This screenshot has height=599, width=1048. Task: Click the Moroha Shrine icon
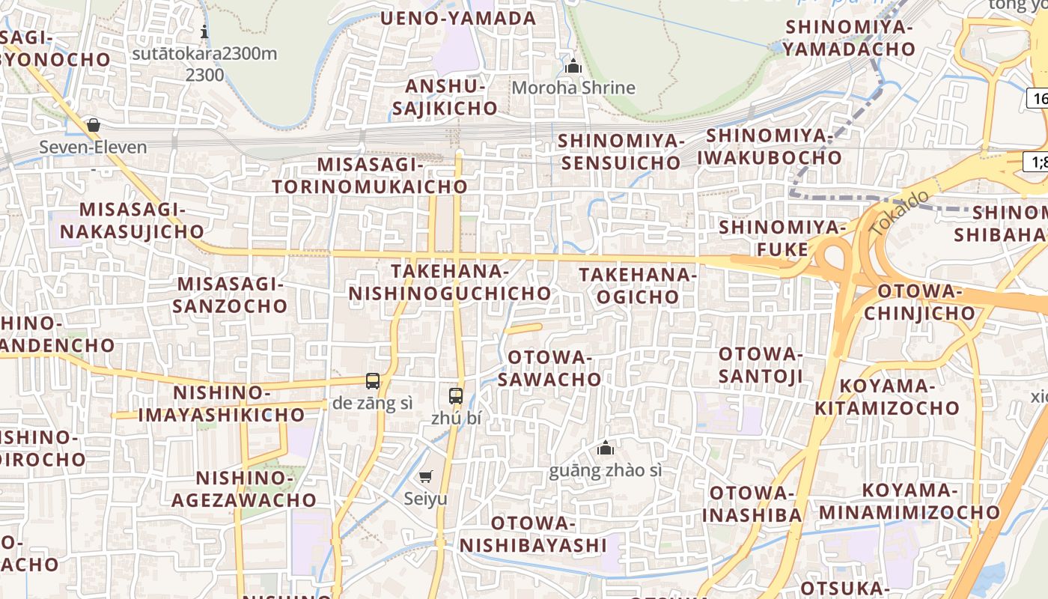click(x=573, y=66)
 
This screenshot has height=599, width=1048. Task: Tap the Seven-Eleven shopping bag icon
click(x=94, y=125)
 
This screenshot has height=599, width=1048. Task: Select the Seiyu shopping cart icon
click(x=426, y=476)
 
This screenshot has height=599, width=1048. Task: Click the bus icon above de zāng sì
click(x=373, y=380)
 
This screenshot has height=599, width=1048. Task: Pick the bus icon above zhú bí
click(x=456, y=396)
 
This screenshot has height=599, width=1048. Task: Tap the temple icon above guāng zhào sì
click(x=606, y=448)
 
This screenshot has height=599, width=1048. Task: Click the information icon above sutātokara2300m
click(x=204, y=31)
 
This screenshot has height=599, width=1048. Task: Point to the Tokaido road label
click(x=901, y=214)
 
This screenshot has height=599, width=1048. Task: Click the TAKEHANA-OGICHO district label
click(x=638, y=286)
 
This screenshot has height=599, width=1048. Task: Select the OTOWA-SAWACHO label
click(x=549, y=368)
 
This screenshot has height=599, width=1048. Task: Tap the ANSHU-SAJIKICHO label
click(x=445, y=97)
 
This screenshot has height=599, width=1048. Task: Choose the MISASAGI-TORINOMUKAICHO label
click(x=370, y=175)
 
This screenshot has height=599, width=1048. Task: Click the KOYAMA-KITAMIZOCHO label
click(x=887, y=397)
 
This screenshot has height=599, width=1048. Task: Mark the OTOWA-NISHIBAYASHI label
click(x=533, y=534)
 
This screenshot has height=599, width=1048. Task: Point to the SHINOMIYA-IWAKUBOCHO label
click(x=770, y=147)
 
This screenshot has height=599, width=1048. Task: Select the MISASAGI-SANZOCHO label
click(x=231, y=295)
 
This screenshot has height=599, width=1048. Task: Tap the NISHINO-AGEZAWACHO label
click(x=244, y=488)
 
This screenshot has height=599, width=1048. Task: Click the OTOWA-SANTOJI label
click(x=761, y=365)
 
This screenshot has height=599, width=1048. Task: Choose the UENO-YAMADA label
click(x=458, y=18)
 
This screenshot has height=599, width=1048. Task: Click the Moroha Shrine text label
click(x=573, y=88)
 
